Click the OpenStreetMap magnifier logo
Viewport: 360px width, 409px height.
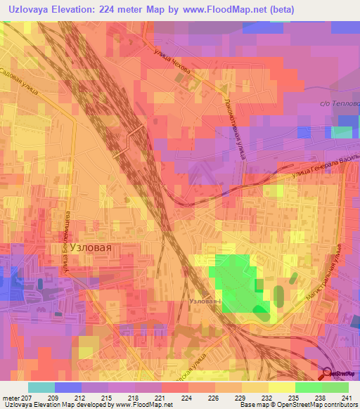(x=328, y=375)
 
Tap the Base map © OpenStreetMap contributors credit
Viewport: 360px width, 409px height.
(x=298, y=405)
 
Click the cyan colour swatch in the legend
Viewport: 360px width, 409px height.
(x=41, y=387)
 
